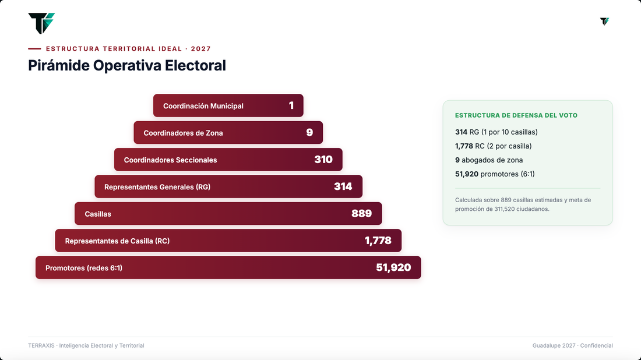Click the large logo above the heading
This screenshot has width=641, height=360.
coord(41,23)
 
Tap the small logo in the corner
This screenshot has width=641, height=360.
coord(605,21)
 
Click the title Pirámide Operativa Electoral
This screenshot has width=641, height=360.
coord(126,65)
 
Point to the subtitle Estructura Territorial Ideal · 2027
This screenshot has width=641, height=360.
coord(128,48)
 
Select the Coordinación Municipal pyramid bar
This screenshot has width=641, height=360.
coord(228,105)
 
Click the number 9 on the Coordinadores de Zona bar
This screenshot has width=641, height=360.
coord(309,132)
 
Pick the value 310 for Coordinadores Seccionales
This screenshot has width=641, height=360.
coord(323,160)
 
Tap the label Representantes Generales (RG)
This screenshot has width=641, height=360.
coord(157,187)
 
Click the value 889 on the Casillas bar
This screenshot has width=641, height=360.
coord(361,213)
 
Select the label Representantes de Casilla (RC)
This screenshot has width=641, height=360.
coord(117,241)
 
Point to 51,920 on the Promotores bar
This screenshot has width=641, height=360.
coord(393,267)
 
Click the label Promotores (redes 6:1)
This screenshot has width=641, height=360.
coord(84,268)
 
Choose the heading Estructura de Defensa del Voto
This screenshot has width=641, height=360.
coord(516,115)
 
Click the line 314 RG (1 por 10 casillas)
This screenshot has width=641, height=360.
coord(496,132)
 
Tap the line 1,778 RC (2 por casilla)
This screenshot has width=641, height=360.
coord(494,146)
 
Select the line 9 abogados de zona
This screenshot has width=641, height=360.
coord(489,160)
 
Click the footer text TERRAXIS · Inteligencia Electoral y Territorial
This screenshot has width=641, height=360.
coord(86,345)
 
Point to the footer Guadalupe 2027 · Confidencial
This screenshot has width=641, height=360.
coord(572,345)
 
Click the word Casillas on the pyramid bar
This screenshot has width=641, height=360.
coord(98,214)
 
